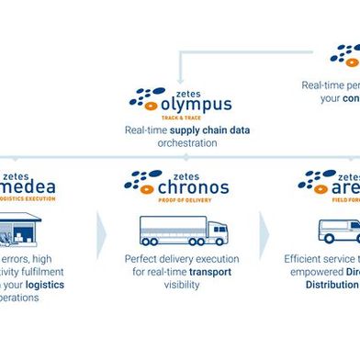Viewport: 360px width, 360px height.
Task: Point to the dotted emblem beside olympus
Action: click(148, 98)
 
